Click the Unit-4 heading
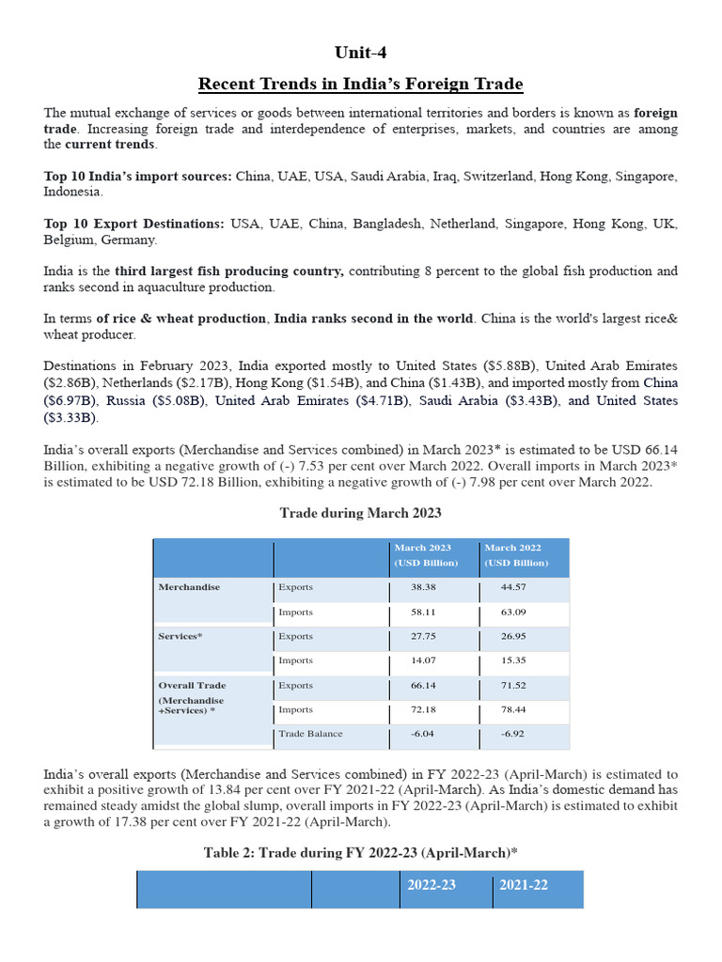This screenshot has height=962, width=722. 360,52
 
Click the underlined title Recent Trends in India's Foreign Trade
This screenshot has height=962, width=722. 360,85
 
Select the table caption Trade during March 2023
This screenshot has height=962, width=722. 360,513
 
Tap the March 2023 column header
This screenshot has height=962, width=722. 422,555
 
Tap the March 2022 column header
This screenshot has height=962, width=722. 514,555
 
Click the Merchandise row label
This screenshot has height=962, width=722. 189,587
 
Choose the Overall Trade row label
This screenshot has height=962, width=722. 192,686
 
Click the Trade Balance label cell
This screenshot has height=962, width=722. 310,734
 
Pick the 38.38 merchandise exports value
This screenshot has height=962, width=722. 424,587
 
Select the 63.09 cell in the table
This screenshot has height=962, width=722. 514,613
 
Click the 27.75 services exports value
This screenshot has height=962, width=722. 424,636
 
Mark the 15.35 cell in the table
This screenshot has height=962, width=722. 514,661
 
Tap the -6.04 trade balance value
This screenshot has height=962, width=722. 424,734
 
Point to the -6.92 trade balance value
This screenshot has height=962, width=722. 514,734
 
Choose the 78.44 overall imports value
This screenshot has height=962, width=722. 514,710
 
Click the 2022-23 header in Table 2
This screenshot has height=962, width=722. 432,886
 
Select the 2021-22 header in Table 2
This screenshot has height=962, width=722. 523,886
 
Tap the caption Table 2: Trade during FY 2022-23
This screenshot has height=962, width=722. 360,852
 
